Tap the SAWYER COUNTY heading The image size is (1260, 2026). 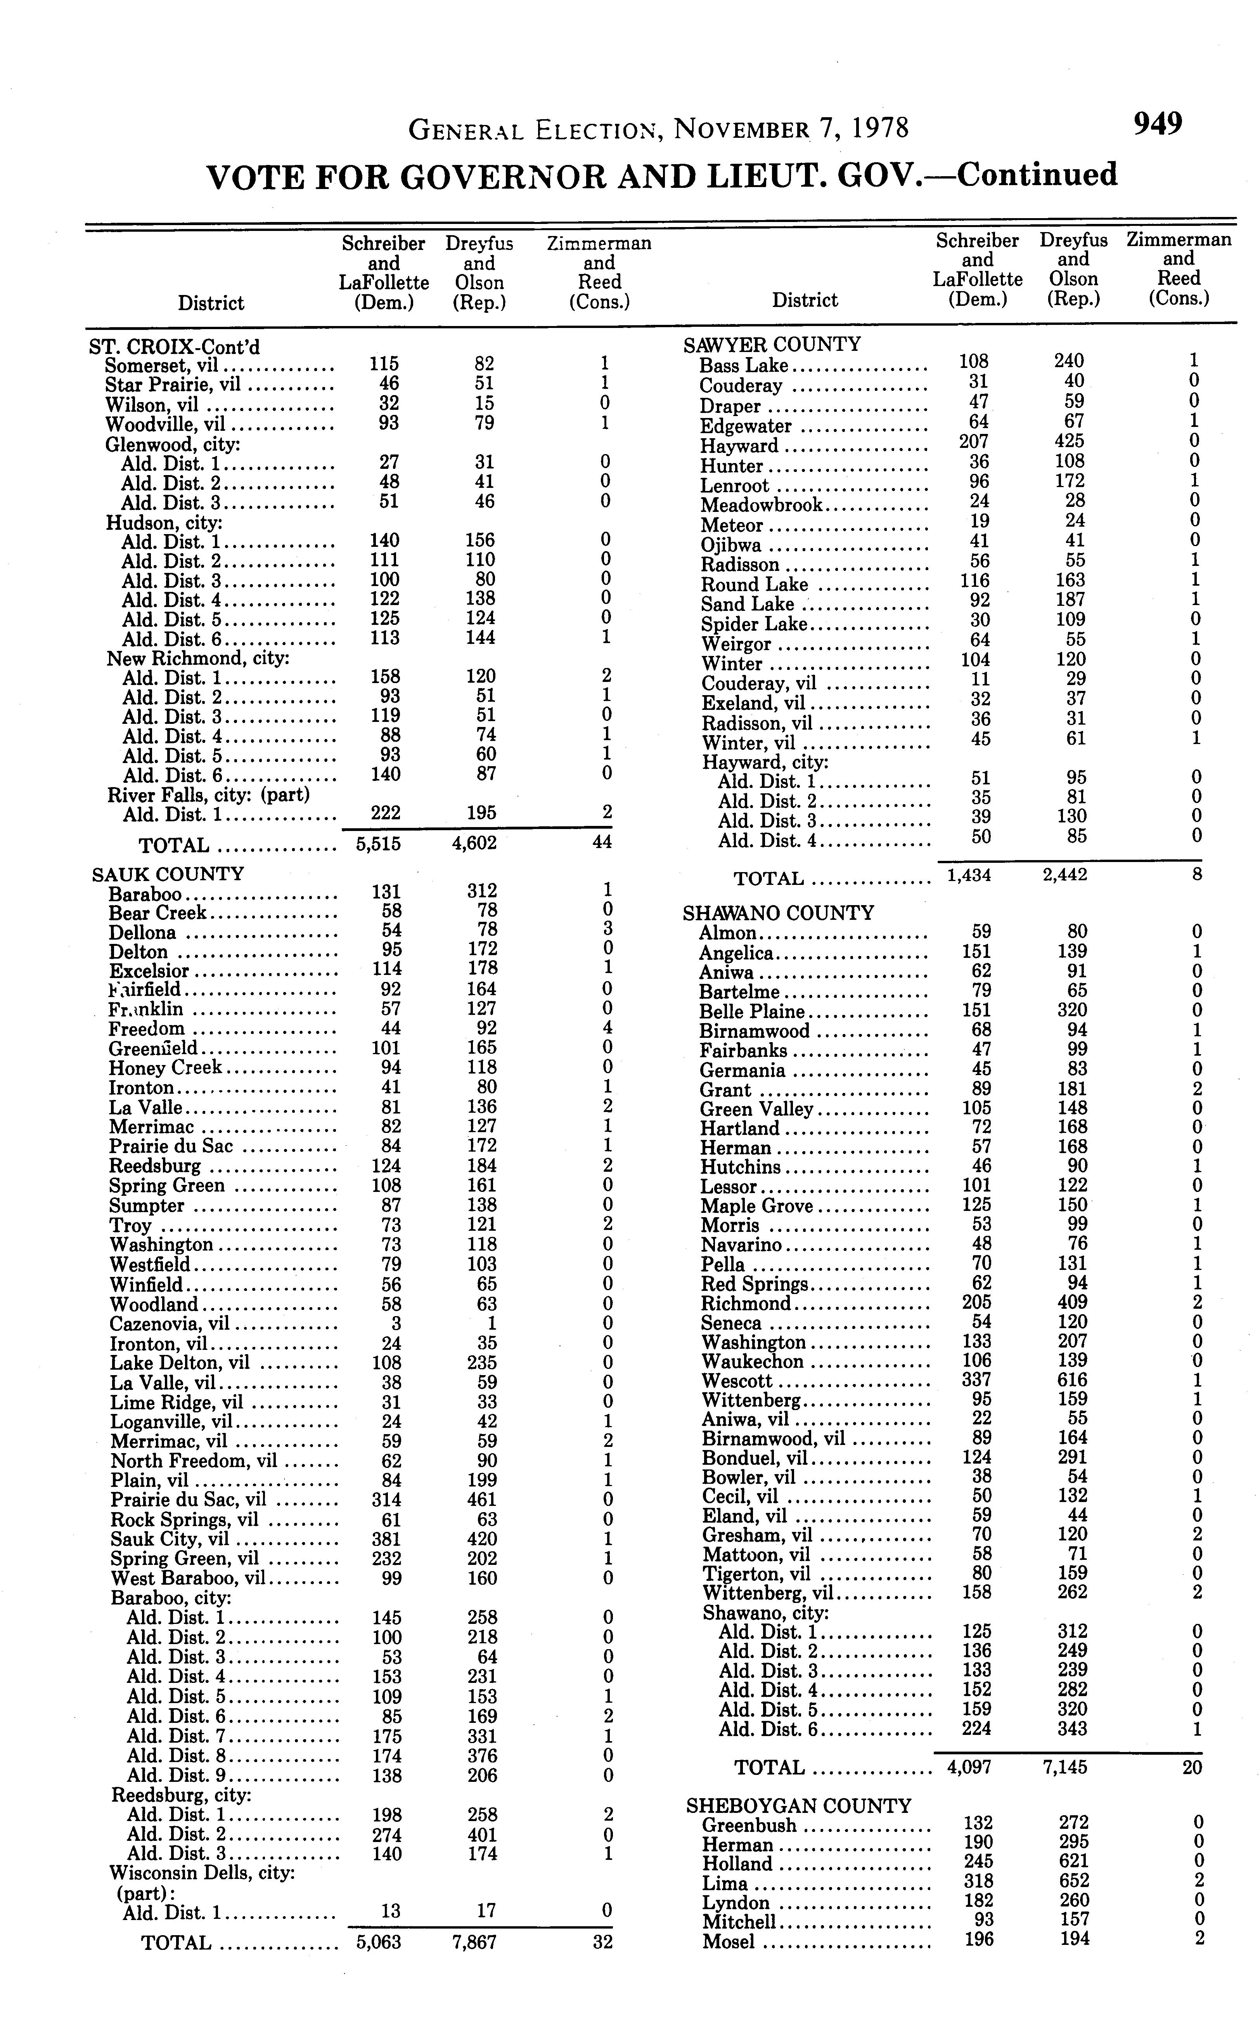[772, 344]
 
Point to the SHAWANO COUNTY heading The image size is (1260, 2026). [778, 913]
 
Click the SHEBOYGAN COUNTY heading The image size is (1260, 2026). [798, 1806]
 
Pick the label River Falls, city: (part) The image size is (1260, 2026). [208, 794]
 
